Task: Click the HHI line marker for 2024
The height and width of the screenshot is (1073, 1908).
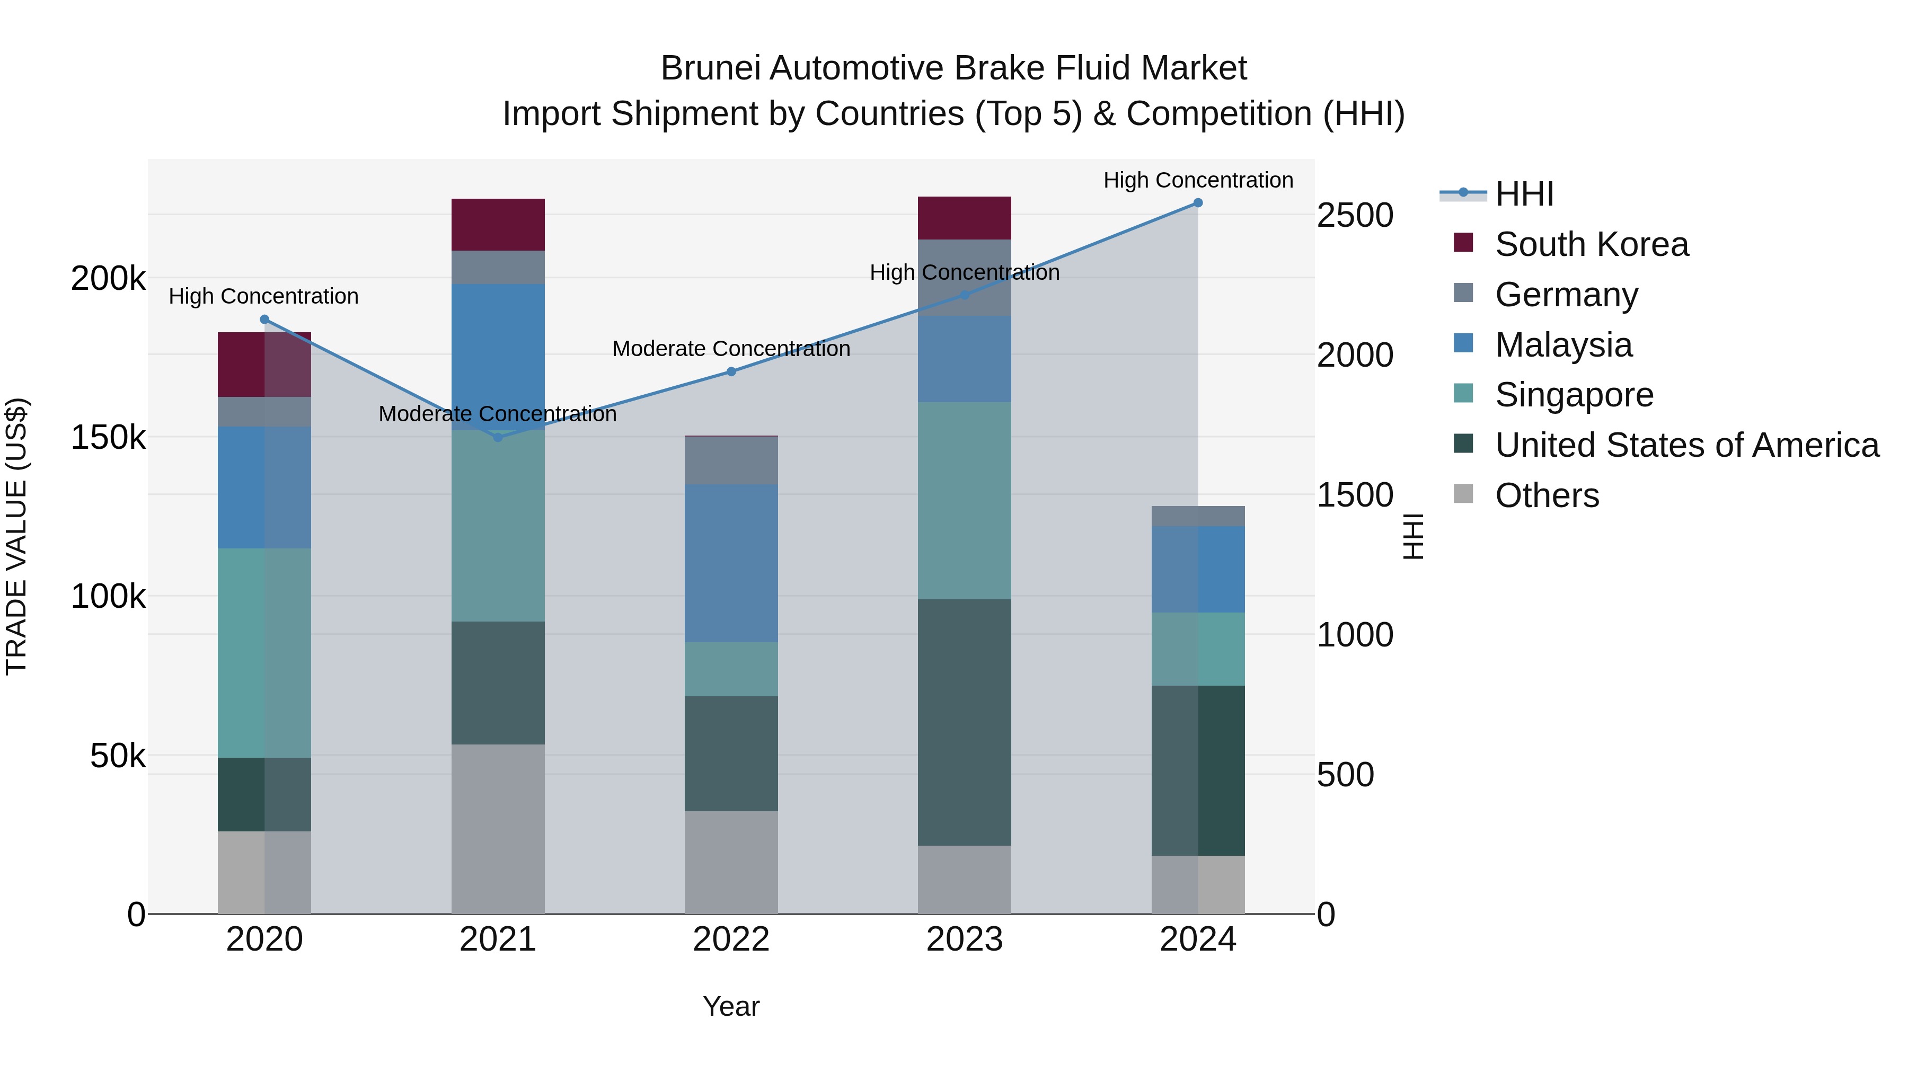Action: pos(1198,203)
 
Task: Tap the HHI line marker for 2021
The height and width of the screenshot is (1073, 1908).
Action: pos(498,438)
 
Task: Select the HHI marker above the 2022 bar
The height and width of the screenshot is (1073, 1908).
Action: pos(731,372)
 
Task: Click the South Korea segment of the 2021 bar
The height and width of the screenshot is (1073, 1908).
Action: pos(498,224)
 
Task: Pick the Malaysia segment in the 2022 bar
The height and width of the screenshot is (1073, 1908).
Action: pos(731,563)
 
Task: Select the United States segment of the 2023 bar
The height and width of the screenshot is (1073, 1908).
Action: pos(965,722)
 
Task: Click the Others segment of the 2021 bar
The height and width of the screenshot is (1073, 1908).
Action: pos(498,829)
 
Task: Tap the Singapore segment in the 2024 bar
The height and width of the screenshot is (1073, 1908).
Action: pos(1198,649)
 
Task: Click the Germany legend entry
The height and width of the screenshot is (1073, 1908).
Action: pos(1567,295)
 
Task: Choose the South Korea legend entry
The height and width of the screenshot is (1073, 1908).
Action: pos(1592,244)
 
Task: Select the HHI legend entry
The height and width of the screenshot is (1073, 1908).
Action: pos(1524,194)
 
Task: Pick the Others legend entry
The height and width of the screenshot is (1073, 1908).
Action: pos(1547,495)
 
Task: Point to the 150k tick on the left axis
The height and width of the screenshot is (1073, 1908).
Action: pos(108,438)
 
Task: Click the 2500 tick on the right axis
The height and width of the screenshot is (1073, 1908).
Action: pos(1355,216)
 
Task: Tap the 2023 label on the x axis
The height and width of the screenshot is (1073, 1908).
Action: pos(965,939)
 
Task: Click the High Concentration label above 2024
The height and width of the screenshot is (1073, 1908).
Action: pos(1198,180)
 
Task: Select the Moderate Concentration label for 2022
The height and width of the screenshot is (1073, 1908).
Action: pos(731,349)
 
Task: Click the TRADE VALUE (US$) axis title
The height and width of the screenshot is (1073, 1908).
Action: pos(16,536)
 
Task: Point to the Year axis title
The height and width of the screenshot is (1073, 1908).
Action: pos(731,1006)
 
